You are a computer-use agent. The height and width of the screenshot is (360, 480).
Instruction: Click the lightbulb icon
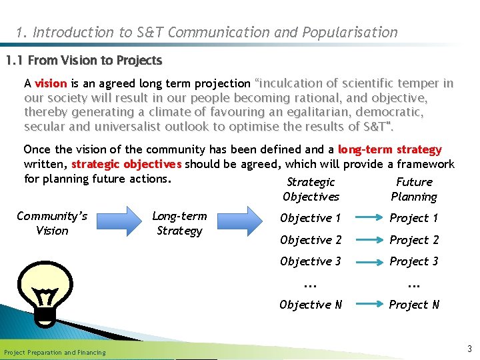coord(45,293)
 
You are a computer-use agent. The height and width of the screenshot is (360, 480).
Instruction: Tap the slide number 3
coord(469,349)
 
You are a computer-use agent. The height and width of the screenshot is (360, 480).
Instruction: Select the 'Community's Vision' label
coord(52,223)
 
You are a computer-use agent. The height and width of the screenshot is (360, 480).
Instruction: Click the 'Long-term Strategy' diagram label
coord(179,223)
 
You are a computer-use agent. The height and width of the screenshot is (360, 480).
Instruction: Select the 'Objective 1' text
coord(310,218)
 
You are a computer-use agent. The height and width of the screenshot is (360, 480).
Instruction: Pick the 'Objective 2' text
coord(310,240)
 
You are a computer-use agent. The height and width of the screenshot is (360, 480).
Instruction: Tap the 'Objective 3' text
coord(310,261)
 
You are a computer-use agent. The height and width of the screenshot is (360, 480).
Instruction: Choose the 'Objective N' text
coord(310,305)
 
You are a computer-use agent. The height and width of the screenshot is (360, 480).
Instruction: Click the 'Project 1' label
coord(414,218)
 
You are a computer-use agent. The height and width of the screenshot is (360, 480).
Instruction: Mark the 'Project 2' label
coord(414,240)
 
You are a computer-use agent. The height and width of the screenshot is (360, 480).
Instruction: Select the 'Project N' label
coord(414,305)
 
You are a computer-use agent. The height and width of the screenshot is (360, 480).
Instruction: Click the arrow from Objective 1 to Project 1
coord(365,218)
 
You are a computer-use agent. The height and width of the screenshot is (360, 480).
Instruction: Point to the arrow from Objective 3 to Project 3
coord(365,261)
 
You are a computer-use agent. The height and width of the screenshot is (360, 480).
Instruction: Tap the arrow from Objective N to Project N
coord(365,305)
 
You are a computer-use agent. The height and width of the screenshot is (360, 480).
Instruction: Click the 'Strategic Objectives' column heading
coord(311,189)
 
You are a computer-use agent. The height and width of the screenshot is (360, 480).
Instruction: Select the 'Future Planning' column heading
coord(414,189)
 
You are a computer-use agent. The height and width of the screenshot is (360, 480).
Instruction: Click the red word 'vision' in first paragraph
coord(51,83)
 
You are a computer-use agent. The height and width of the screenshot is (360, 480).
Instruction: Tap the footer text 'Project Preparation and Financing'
coord(55,352)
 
